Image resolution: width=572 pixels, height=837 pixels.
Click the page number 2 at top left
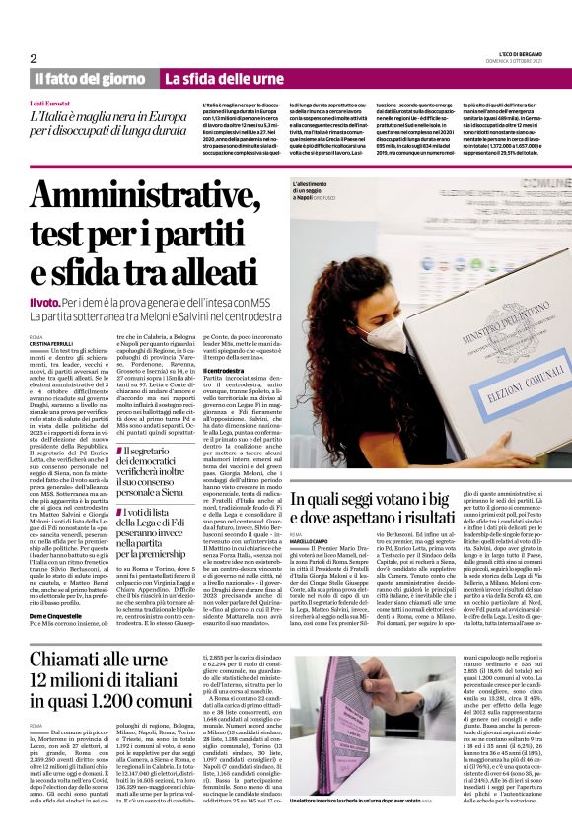click(34, 58)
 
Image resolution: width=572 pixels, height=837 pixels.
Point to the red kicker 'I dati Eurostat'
click(50, 103)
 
